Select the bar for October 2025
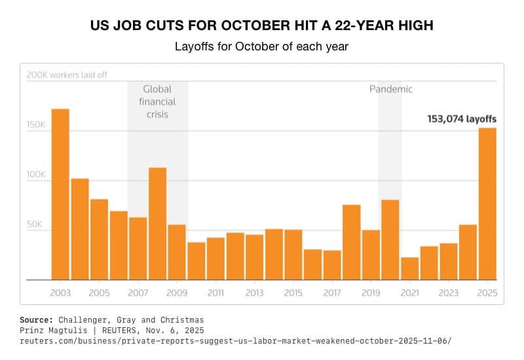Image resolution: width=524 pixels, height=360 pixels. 487,204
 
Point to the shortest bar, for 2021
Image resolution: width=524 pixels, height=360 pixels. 409,268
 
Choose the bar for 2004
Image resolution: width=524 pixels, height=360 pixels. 80,229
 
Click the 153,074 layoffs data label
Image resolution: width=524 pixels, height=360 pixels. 462,119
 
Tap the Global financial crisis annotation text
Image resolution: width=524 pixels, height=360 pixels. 157,101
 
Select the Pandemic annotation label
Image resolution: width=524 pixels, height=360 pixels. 391,89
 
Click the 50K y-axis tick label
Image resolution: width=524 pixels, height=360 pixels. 35,225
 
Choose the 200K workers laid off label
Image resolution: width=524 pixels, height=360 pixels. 67,75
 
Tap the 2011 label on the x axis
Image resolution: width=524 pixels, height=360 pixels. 215,292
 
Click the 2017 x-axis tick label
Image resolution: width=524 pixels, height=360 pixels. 332,292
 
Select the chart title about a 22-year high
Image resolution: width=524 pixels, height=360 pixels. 261,26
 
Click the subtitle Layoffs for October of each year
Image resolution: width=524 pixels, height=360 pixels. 261,47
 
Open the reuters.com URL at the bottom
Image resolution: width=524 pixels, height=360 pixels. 236,341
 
